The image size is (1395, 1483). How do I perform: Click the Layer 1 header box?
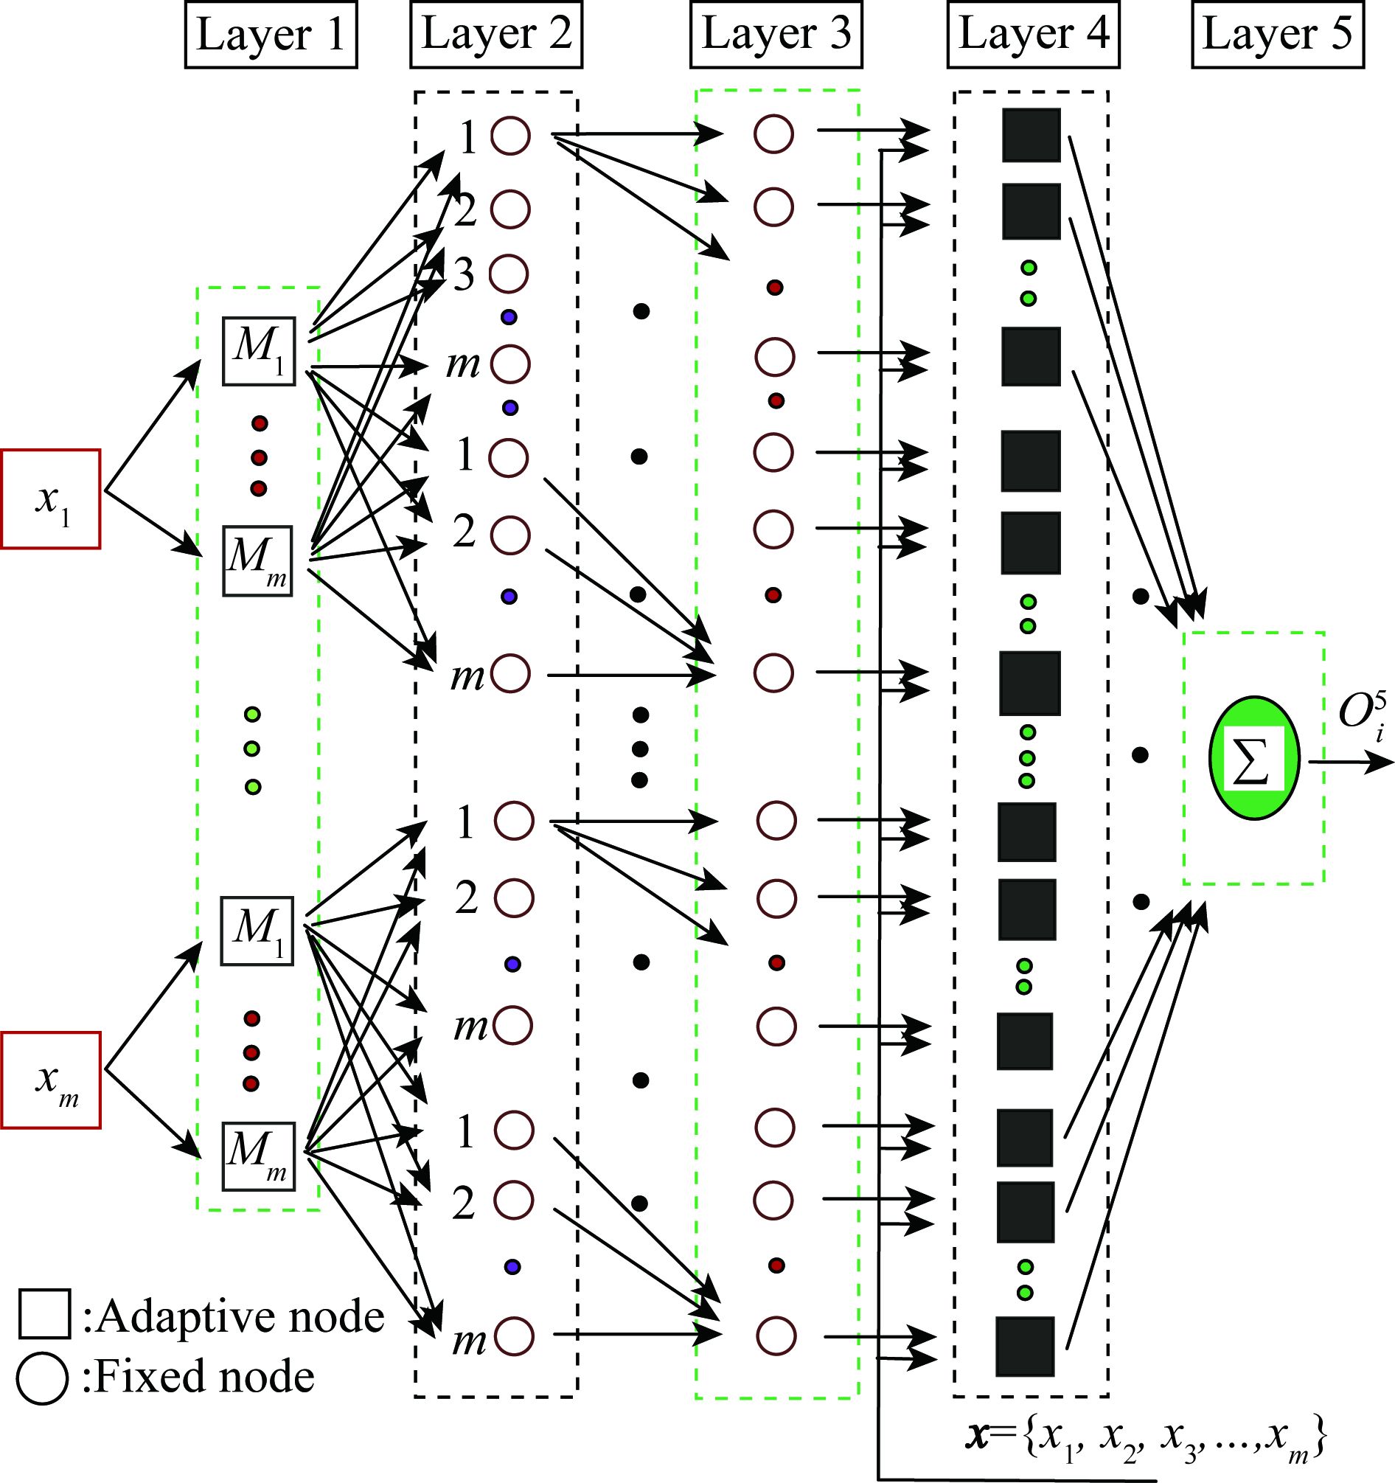click(271, 35)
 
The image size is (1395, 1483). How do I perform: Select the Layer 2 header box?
click(496, 35)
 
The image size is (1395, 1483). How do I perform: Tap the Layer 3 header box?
click(776, 35)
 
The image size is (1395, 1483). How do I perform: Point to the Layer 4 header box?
click(1033, 35)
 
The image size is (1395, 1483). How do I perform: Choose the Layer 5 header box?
click(1277, 35)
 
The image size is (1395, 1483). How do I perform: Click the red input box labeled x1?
click(50, 499)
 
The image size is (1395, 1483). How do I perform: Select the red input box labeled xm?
click(51, 1080)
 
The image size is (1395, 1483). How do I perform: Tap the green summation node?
click(1254, 758)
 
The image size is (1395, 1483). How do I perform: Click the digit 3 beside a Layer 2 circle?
click(464, 275)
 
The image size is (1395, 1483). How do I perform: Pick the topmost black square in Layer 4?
click(1031, 135)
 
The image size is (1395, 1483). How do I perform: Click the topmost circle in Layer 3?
click(773, 135)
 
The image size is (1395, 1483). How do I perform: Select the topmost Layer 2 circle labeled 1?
click(510, 135)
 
